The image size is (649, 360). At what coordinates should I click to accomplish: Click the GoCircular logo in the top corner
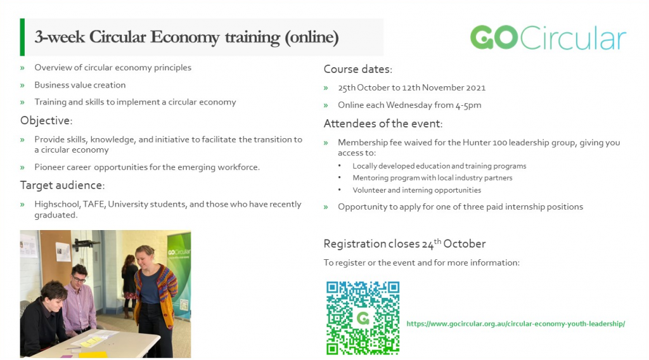548,37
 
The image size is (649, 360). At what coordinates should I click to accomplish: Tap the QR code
363,318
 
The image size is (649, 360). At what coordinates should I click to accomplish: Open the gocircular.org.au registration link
516,324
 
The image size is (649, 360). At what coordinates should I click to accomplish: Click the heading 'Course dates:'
357,69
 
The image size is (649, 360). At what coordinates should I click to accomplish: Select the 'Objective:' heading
46,120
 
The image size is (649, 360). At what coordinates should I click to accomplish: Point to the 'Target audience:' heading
63,185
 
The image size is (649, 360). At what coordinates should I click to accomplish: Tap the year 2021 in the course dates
475,87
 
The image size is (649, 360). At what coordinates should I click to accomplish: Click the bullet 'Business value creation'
80,85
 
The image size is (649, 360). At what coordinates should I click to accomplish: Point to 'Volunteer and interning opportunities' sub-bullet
417,190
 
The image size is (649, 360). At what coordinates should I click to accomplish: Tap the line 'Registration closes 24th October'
404,243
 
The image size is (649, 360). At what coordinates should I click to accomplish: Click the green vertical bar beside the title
22,37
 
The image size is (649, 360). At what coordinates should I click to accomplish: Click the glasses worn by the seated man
79,280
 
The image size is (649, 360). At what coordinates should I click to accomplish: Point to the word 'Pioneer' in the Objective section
49,167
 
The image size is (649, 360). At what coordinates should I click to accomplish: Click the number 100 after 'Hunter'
499,143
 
